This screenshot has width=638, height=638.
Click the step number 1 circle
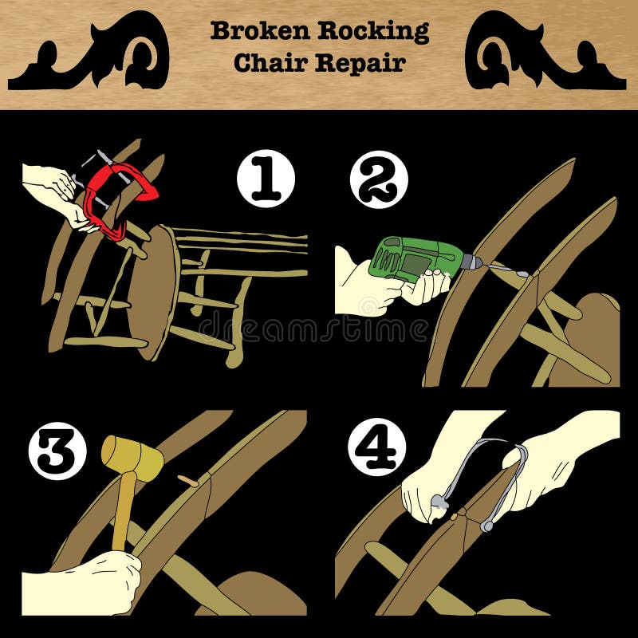pyautogui.click(x=266, y=179)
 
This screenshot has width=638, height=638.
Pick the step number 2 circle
pyautogui.click(x=378, y=179)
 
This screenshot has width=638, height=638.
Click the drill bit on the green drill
pyautogui.click(x=502, y=270)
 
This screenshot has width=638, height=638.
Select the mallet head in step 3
pyautogui.click(x=132, y=455)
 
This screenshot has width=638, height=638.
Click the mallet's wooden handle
pyautogui.click(x=122, y=510)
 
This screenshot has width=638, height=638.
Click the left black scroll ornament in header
pyautogui.click(x=90, y=52)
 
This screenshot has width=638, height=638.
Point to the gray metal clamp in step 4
pyautogui.click(x=478, y=478)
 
